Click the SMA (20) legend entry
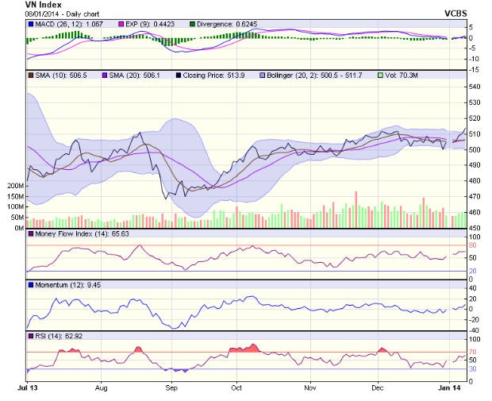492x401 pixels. [127, 75]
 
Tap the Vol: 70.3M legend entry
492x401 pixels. [402, 75]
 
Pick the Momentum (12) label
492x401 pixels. [59, 283]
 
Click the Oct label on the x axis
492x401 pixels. [236, 388]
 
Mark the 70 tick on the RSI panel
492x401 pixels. [472, 351]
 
